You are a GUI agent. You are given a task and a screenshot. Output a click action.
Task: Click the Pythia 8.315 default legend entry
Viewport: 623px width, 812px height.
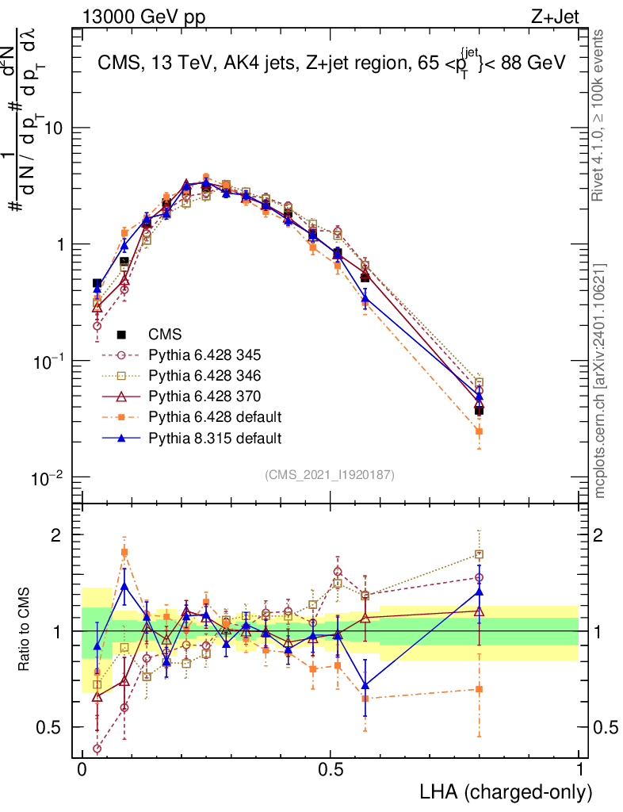coord(209,437)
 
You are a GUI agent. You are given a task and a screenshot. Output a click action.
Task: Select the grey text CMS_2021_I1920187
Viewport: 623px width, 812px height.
coord(330,474)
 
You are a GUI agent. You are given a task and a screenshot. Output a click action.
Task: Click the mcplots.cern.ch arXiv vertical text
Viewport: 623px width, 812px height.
coord(602,381)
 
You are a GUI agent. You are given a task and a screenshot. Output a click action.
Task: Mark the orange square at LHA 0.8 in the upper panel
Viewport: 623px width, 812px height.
coord(479,431)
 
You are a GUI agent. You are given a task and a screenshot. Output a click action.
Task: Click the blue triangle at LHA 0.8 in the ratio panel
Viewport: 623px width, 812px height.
coord(479,591)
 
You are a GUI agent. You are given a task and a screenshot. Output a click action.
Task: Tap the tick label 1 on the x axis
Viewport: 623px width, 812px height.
coord(579,770)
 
